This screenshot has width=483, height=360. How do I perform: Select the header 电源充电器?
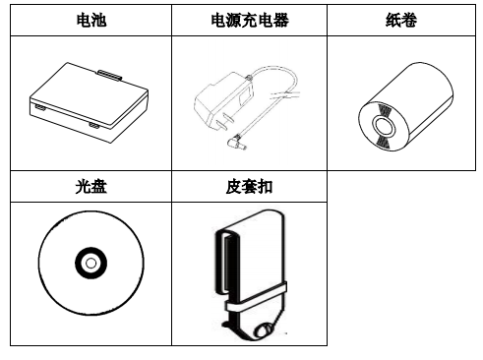point(244,20)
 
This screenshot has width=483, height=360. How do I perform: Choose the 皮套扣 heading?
point(244,186)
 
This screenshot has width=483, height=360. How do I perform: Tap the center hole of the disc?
point(89,264)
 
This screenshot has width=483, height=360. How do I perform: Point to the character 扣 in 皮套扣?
point(262,186)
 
